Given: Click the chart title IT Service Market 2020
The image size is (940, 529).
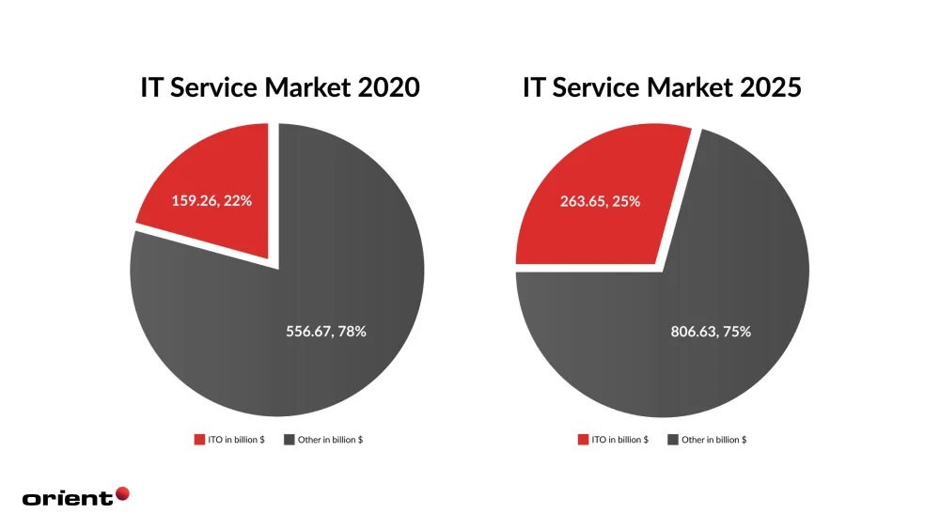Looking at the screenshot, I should pyautogui.click(x=279, y=87).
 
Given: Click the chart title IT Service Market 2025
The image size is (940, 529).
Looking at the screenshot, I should pyautogui.click(x=662, y=87).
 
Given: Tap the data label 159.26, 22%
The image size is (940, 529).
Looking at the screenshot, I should pyautogui.click(x=211, y=200).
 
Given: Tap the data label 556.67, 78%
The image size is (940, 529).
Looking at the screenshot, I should pyautogui.click(x=325, y=331).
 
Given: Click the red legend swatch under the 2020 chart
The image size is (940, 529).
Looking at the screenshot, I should pyautogui.click(x=198, y=440).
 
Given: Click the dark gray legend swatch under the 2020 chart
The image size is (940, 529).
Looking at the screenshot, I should pyautogui.click(x=288, y=440).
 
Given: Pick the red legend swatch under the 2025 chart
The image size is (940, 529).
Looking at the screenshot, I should pyautogui.click(x=583, y=440).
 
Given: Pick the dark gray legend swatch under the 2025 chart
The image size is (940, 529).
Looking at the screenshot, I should pyautogui.click(x=672, y=440).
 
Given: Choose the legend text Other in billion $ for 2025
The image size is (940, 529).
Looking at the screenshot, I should pyautogui.click(x=714, y=440).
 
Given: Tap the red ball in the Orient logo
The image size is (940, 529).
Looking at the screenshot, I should pyautogui.click(x=122, y=493).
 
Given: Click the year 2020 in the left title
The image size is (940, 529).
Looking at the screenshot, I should pyautogui.click(x=388, y=87).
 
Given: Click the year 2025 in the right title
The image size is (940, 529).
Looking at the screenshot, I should pyautogui.click(x=771, y=87).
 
